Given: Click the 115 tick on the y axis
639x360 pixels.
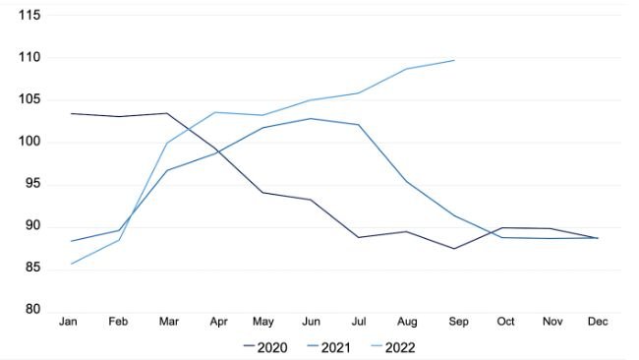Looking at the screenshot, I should [x=29, y=15].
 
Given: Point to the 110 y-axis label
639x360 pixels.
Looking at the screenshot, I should [x=29, y=57].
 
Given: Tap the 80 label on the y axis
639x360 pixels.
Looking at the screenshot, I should [x=32, y=311].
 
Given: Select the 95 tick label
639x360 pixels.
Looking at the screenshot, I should [x=32, y=184].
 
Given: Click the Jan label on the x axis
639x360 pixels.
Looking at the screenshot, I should [x=69, y=323].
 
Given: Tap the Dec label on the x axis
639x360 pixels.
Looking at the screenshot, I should [x=598, y=323].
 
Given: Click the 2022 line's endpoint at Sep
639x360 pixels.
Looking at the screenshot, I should [x=453, y=60].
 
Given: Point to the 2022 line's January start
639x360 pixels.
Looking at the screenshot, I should [x=71, y=263].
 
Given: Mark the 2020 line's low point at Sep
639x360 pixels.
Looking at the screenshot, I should [x=453, y=248].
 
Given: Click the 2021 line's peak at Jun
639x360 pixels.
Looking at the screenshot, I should [x=310, y=118].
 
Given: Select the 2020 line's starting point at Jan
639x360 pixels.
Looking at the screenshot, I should [x=71, y=113].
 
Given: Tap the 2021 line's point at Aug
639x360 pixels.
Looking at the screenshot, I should [x=406, y=181].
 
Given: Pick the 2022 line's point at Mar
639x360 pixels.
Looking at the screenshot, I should [x=166, y=143].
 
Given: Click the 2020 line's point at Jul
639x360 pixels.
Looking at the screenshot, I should [x=358, y=237].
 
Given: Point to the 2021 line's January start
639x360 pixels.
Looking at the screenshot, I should [x=71, y=241].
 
